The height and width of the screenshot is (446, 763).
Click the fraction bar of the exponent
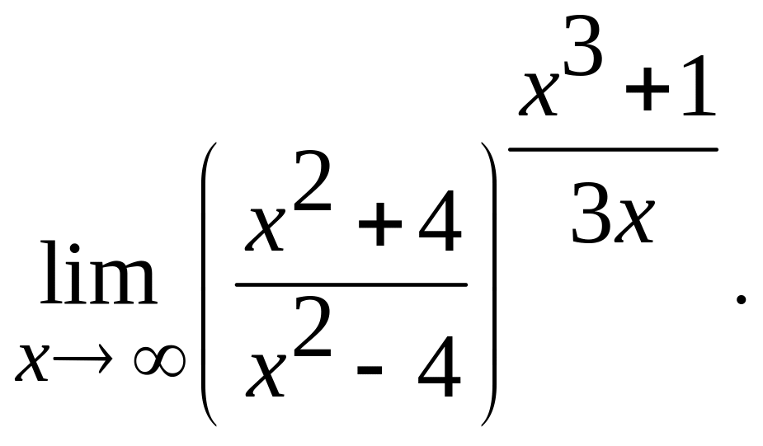613,150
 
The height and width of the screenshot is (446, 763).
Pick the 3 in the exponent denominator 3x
589,214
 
